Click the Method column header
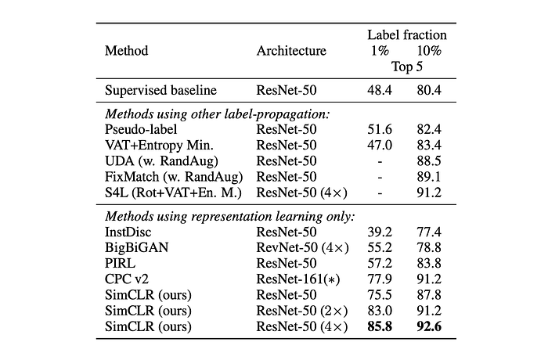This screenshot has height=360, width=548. (127, 51)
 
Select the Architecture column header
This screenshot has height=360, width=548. (291, 51)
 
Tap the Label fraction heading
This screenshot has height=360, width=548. (407, 35)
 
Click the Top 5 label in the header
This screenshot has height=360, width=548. (407, 67)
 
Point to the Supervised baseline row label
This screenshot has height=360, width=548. (160, 90)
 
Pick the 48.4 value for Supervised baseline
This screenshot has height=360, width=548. (380, 90)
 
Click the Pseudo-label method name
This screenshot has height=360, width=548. (141, 129)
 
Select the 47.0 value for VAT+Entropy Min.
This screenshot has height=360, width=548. (380, 145)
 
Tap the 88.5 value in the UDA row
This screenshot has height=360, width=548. (429, 160)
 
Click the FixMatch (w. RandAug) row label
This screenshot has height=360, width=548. (174, 177)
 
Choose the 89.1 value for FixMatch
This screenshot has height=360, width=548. (429, 177)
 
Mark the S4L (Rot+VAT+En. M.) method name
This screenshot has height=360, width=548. (173, 193)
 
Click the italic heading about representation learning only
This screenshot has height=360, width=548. (230, 216)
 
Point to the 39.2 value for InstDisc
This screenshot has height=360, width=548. (380, 232)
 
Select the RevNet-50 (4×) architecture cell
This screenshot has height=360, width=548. (302, 247)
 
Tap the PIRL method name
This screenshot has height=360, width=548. (120, 263)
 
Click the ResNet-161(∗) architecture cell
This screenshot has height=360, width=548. (298, 279)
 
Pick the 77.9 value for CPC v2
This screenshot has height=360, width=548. (380, 279)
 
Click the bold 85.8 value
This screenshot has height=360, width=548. (380, 326)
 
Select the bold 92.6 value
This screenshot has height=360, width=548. (429, 326)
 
